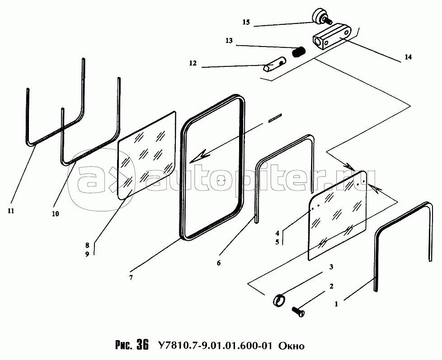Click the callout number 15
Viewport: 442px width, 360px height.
[x=246, y=22]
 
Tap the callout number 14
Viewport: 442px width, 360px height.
[x=408, y=57]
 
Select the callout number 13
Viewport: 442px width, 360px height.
[x=229, y=41]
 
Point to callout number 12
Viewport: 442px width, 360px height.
[x=193, y=63]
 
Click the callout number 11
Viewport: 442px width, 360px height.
[x=11, y=210]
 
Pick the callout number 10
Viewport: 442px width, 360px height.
[x=55, y=214]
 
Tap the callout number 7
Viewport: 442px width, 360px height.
[x=131, y=277]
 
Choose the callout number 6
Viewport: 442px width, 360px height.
[x=219, y=263]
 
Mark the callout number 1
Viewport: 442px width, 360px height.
[x=336, y=304]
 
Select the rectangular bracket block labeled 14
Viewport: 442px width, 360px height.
[x=332, y=37]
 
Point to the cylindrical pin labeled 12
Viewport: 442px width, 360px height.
[x=275, y=64]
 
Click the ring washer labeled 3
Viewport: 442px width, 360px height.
[x=279, y=300]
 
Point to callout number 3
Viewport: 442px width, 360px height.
[x=331, y=267]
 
